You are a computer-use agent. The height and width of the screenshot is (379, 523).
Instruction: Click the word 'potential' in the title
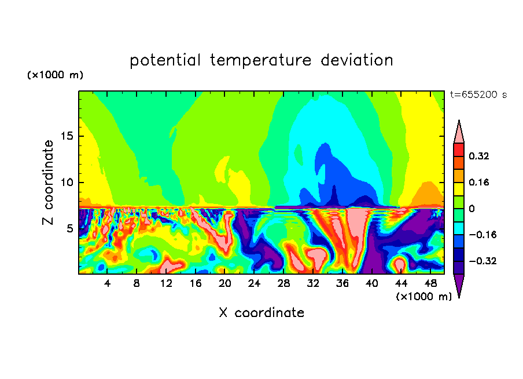(x=165, y=61)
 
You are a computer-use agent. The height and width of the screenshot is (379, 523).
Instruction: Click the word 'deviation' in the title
(x=357, y=60)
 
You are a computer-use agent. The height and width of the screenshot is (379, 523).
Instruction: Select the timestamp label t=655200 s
(x=478, y=95)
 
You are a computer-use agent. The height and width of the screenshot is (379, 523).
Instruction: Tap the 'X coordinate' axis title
(x=261, y=313)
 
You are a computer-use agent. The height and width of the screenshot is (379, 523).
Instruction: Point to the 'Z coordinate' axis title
(x=48, y=183)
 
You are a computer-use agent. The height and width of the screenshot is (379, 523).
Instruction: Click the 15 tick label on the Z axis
(x=67, y=136)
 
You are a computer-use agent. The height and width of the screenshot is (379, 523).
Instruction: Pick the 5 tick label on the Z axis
(x=70, y=228)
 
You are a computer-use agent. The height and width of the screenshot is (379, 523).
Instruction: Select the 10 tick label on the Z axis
(x=67, y=183)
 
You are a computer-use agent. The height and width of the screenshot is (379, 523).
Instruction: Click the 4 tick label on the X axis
(x=107, y=284)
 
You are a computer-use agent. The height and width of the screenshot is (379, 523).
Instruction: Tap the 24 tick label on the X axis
(x=254, y=284)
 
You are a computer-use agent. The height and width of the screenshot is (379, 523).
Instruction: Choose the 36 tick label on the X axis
(x=342, y=284)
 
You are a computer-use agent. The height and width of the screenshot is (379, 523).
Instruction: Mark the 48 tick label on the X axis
(x=430, y=284)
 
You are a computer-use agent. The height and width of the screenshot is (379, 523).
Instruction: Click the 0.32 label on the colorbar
(x=479, y=156)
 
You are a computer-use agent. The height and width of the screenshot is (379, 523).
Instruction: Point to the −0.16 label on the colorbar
(x=483, y=235)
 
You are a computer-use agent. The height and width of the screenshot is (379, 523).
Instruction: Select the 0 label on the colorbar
(x=472, y=209)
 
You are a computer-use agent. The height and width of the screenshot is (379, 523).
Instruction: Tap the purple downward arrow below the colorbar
(x=459, y=284)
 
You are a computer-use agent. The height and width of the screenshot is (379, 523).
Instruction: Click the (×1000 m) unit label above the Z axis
(x=55, y=75)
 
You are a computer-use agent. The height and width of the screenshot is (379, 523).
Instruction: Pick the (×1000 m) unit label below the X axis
(x=423, y=297)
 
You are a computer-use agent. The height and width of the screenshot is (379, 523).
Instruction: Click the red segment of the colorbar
(x=459, y=150)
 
